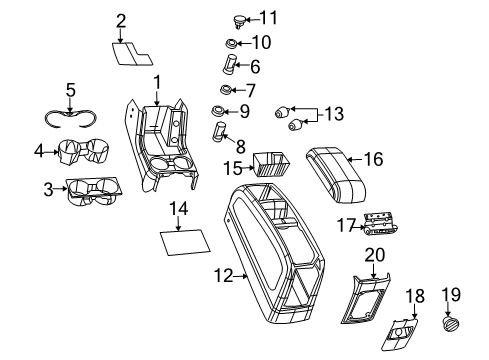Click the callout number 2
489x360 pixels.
point(121,19)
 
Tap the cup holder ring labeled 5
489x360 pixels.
point(71,113)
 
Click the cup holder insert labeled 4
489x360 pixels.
point(84,154)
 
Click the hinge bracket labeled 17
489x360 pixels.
point(379,225)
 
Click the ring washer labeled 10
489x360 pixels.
point(230,43)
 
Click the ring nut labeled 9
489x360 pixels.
point(215,110)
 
